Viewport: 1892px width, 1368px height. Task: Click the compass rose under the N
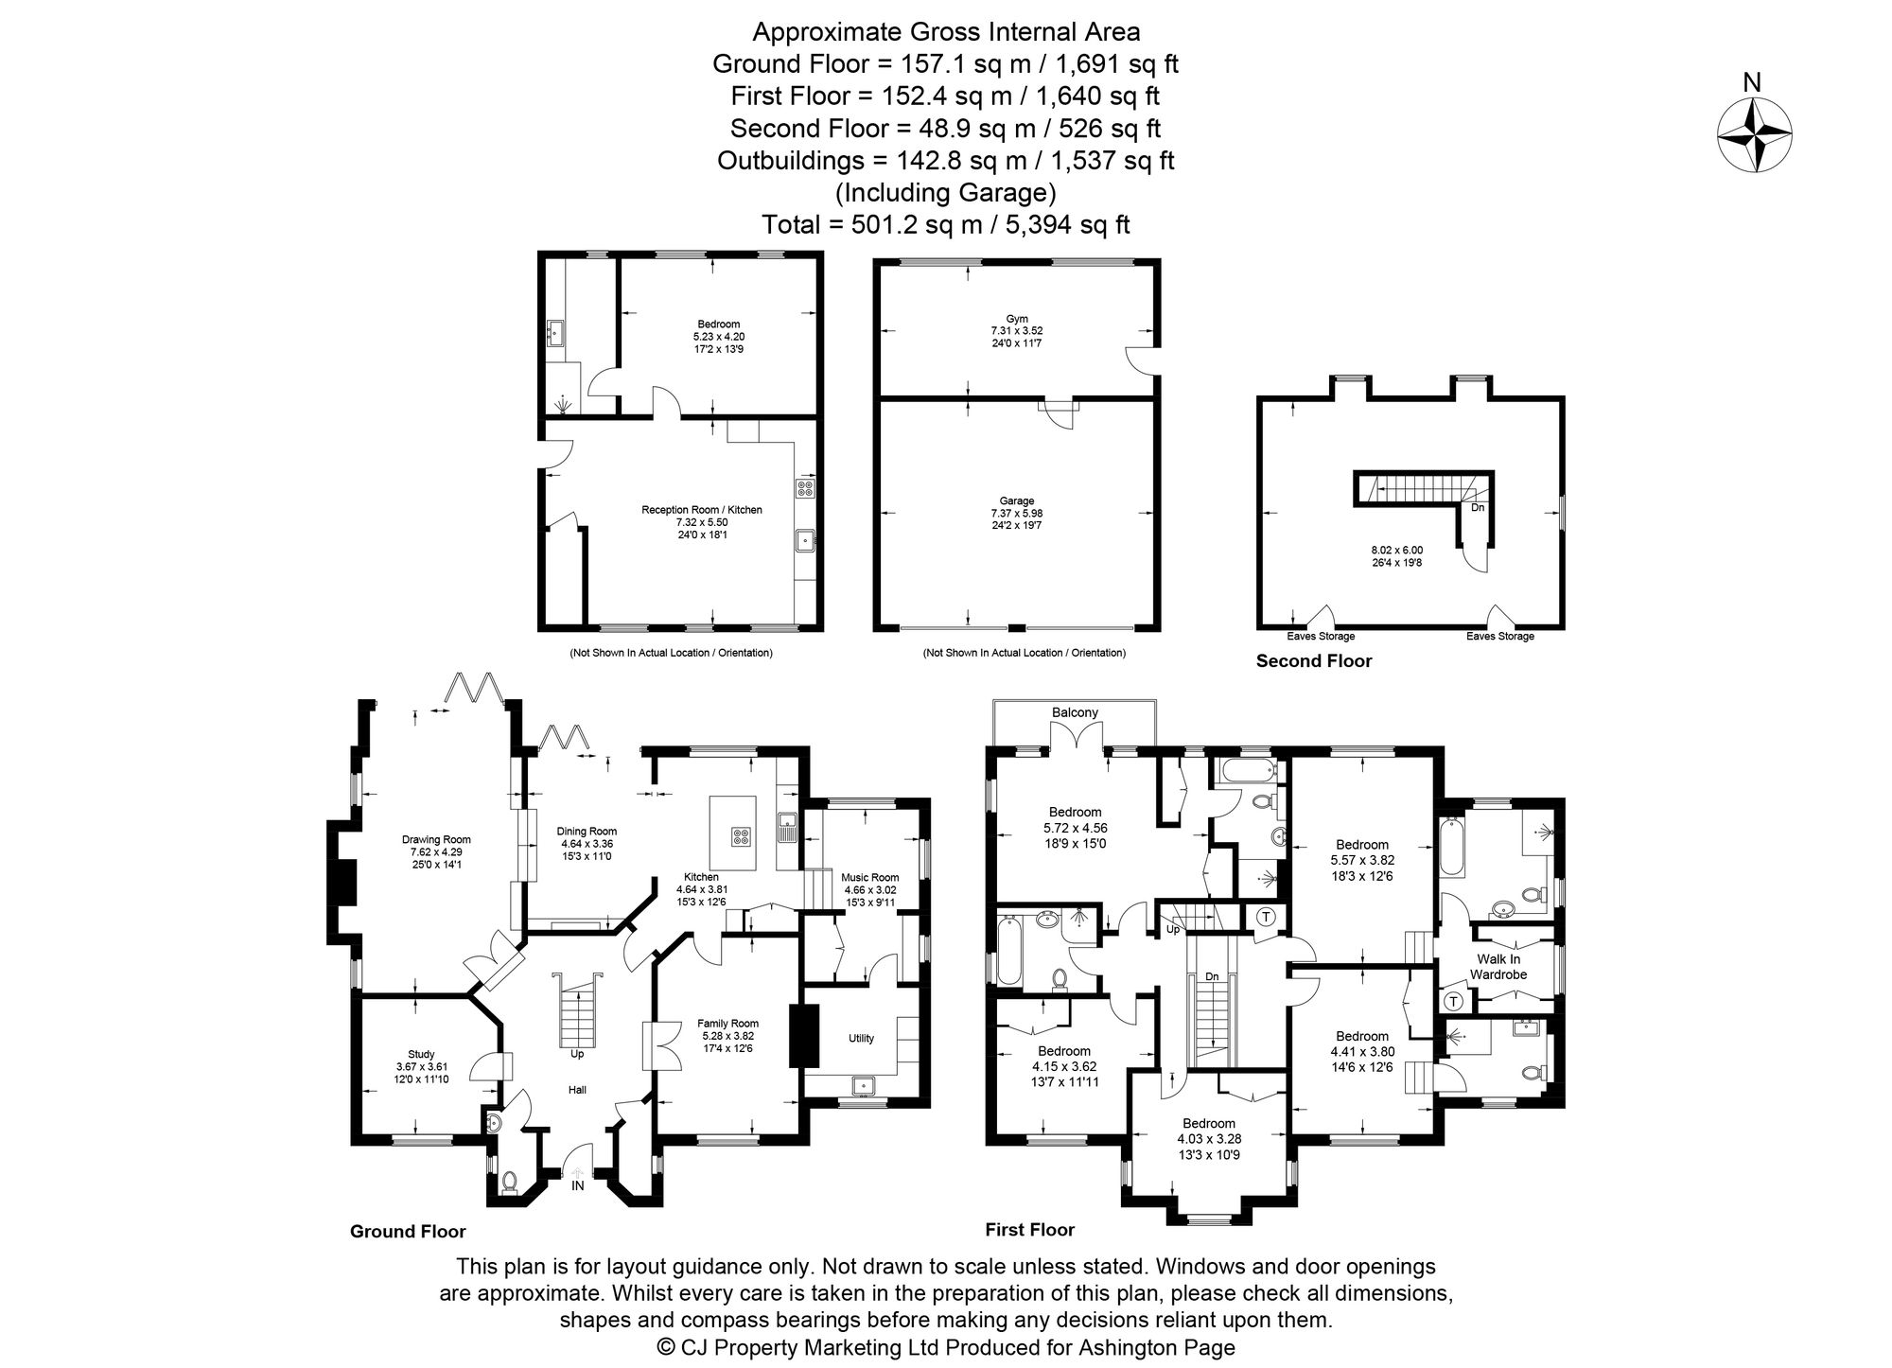1753,137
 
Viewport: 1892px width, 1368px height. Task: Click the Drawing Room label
436,839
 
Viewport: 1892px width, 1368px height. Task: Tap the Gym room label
1017,319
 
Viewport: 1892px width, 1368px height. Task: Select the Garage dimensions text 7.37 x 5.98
1017,513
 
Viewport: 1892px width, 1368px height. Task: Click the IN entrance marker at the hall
577,1185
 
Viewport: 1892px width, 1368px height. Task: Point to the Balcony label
1075,712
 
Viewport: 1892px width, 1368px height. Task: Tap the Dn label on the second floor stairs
1478,508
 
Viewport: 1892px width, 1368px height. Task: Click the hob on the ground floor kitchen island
740,836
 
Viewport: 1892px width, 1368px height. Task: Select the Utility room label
861,1038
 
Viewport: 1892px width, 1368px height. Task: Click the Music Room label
869,877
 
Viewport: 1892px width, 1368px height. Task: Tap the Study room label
421,1054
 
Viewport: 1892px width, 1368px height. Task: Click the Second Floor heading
1313,661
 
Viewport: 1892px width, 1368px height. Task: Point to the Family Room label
727,1023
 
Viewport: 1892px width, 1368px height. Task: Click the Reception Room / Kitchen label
701,510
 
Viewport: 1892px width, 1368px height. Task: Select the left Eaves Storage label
1321,637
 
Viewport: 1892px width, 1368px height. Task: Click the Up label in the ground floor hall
577,1053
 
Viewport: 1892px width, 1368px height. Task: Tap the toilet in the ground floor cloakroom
511,1181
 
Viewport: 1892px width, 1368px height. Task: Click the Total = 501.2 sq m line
946,225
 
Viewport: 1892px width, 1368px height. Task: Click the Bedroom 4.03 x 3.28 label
1206,1124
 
